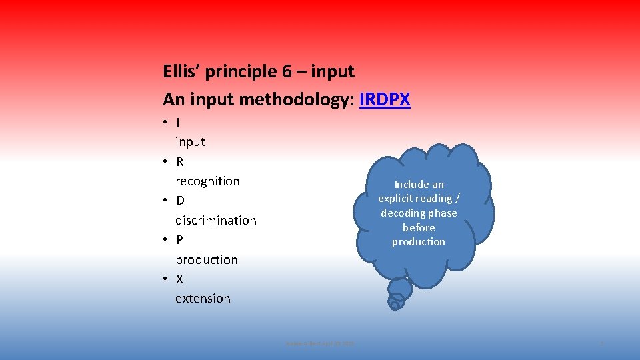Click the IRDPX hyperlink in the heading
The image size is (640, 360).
click(x=385, y=100)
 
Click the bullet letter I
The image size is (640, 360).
click(x=178, y=122)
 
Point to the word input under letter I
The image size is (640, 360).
click(x=190, y=141)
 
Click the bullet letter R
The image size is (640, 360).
click(x=180, y=161)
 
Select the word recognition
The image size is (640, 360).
click(x=207, y=181)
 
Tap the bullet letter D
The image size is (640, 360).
click(x=181, y=201)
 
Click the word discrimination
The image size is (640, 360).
click(x=215, y=220)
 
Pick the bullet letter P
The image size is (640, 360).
click(x=180, y=240)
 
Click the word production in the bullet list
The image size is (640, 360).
click(x=206, y=259)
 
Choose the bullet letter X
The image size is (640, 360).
click(x=180, y=279)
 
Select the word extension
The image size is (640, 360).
click(x=203, y=299)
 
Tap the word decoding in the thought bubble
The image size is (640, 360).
click(x=402, y=213)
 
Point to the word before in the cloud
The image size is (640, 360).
click(x=419, y=227)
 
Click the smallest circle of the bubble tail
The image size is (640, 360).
click(x=394, y=305)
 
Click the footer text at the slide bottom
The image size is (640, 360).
click(x=320, y=343)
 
